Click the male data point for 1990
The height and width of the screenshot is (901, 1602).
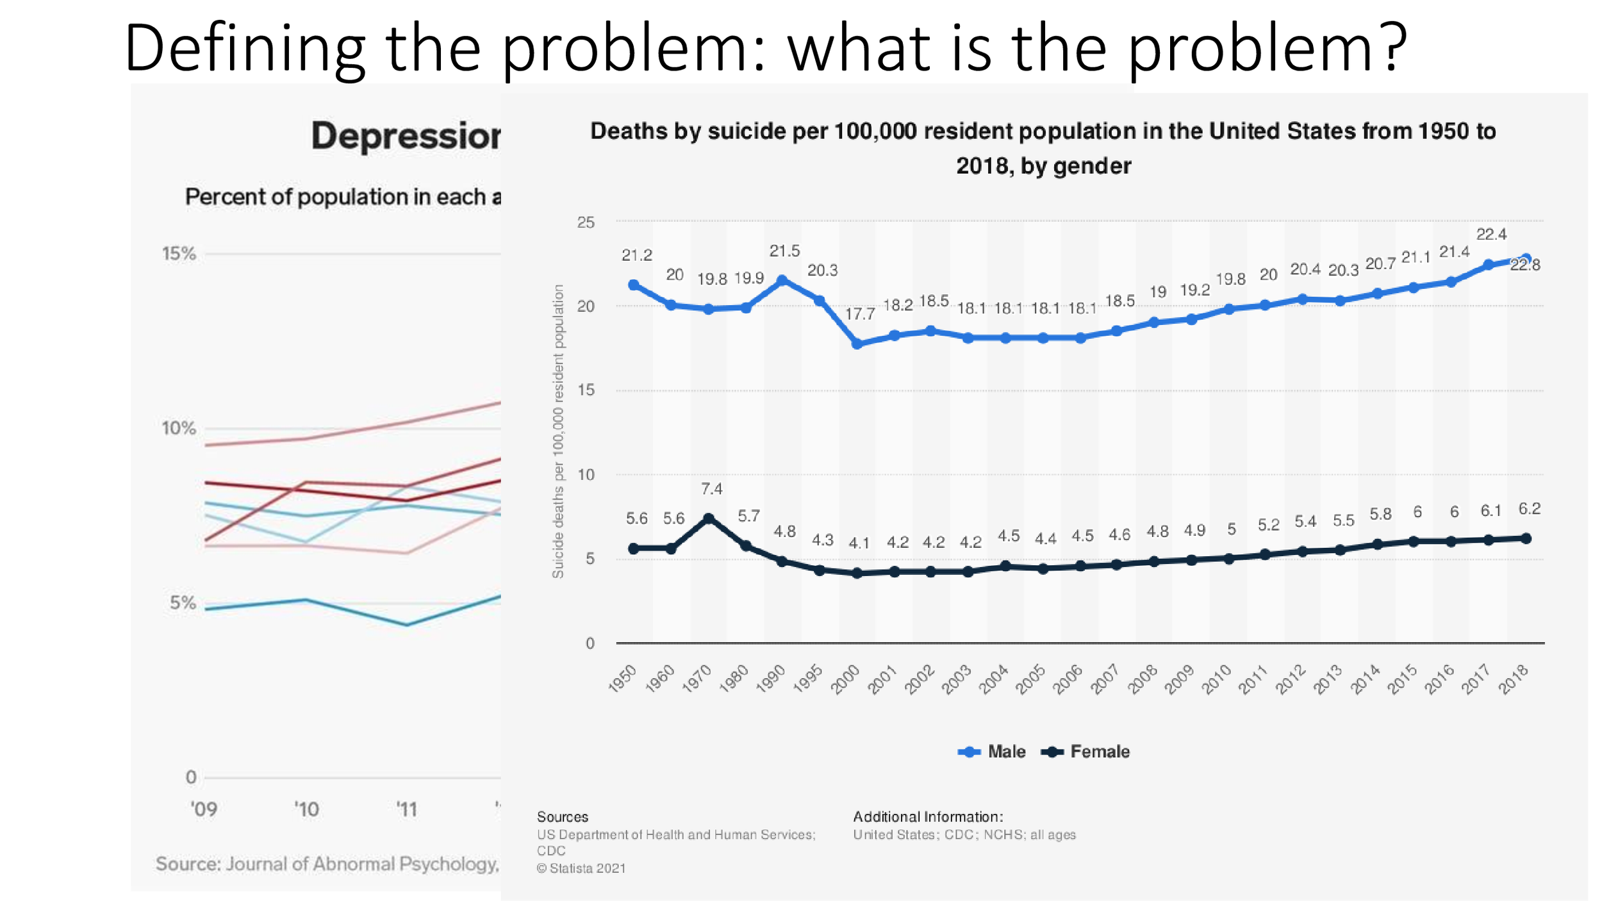pos(782,280)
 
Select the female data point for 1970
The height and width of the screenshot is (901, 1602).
pos(709,518)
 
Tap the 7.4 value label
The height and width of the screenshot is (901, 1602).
pos(711,489)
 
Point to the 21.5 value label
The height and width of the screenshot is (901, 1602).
pos(784,251)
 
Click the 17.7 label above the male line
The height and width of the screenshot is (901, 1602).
pos(860,314)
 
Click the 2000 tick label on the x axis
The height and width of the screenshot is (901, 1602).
pos(845,679)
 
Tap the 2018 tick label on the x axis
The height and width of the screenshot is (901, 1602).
pos(1514,679)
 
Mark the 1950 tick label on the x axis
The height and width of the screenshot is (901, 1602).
pos(622,679)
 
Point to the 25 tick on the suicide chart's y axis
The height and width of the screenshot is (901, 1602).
pos(586,222)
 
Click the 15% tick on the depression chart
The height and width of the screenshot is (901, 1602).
pos(179,254)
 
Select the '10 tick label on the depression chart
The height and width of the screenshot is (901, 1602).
pos(306,809)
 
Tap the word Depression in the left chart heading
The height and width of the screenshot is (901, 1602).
pos(406,136)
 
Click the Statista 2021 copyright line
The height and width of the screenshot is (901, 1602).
pos(581,868)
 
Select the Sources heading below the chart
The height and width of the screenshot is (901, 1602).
pos(562,817)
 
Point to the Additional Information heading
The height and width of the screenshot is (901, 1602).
pos(927,817)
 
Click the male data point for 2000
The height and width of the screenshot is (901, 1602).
pos(857,344)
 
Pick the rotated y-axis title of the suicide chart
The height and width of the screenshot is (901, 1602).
pos(558,431)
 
